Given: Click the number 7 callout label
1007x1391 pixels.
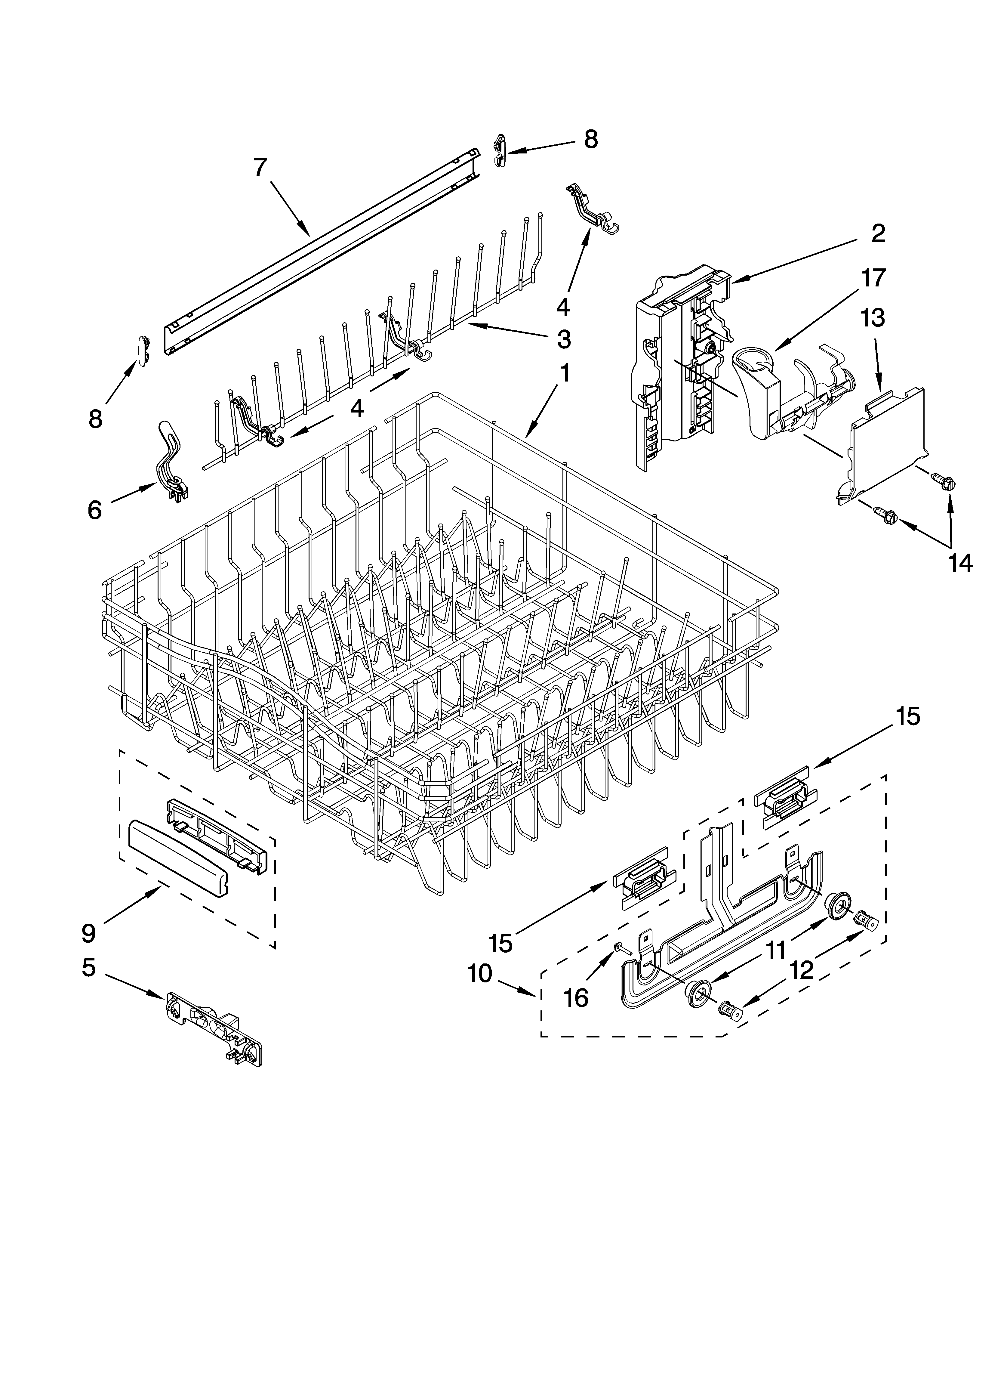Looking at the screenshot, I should click(x=261, y=167).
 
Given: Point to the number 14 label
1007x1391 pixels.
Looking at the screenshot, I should click(x=960, y=562).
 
